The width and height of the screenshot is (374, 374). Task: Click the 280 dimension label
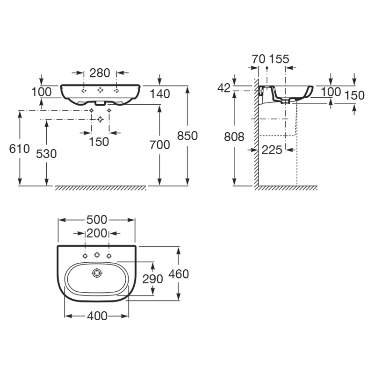click(100, 73)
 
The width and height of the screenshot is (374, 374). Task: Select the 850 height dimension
click(187, 136)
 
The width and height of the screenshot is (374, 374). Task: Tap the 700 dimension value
click(160, 145)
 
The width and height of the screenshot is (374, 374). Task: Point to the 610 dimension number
click(19, 149)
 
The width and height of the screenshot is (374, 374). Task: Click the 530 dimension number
click(46, 154)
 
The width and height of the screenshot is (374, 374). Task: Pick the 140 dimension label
click(160, 94)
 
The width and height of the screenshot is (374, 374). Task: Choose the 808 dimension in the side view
click(234, 137)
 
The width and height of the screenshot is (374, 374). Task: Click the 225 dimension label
click(272, 150)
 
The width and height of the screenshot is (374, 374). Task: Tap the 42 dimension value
click(224, 88)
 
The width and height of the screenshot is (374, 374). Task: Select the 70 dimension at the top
click(259, 59)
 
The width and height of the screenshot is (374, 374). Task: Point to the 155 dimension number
click(279, 59)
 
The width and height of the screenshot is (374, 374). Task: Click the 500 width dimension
click(97, 220)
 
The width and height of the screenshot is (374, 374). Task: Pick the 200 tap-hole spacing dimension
click(97, 233)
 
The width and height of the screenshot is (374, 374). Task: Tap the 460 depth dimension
click(179, 274)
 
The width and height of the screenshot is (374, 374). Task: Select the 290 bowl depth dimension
click(153, 279)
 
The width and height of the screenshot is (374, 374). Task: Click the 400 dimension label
click(97, 316)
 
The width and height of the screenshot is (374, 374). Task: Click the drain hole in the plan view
click(97, 273)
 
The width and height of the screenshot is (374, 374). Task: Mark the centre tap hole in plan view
click(97, 255)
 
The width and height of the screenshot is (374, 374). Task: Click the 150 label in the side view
click(355, 95)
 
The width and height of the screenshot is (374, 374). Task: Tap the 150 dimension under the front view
click(99, 142)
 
